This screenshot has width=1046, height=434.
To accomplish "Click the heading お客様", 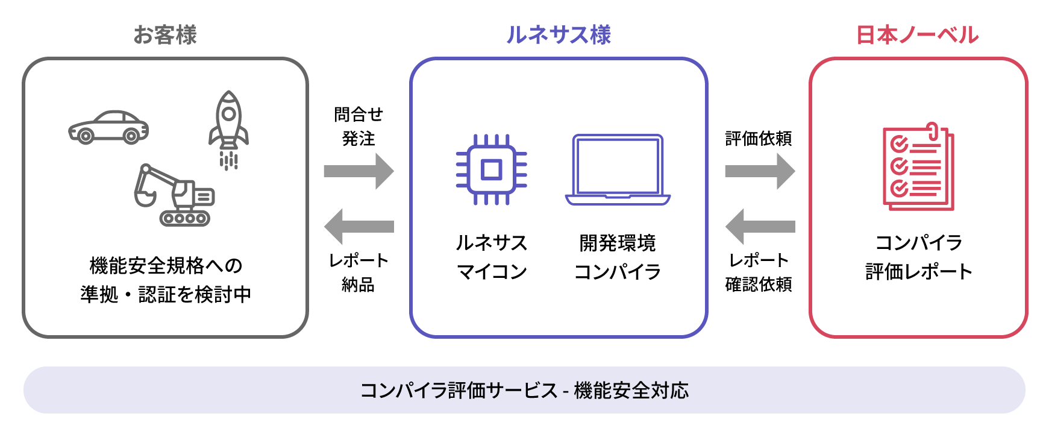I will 165,35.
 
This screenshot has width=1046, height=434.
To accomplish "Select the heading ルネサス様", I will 559,35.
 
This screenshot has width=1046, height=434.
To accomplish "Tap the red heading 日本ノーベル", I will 917,35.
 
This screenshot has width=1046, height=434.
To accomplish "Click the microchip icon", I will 491,169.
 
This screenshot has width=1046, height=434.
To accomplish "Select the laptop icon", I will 618,170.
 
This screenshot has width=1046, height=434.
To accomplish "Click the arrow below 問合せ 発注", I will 359,171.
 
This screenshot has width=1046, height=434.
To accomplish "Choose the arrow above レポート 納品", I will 359,227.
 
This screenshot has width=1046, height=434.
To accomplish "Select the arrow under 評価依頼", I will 760,171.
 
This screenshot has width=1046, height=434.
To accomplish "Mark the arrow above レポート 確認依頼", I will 760,227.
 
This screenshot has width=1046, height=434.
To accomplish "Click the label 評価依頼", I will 759,139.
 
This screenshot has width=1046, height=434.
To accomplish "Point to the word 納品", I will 358,285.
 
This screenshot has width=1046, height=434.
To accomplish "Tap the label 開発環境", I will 618,243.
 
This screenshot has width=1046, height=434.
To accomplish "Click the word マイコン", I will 492,272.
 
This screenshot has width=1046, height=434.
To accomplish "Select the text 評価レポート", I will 919,272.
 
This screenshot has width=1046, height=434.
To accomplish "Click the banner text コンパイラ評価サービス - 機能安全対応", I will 524,391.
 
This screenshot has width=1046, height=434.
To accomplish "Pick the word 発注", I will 359,139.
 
